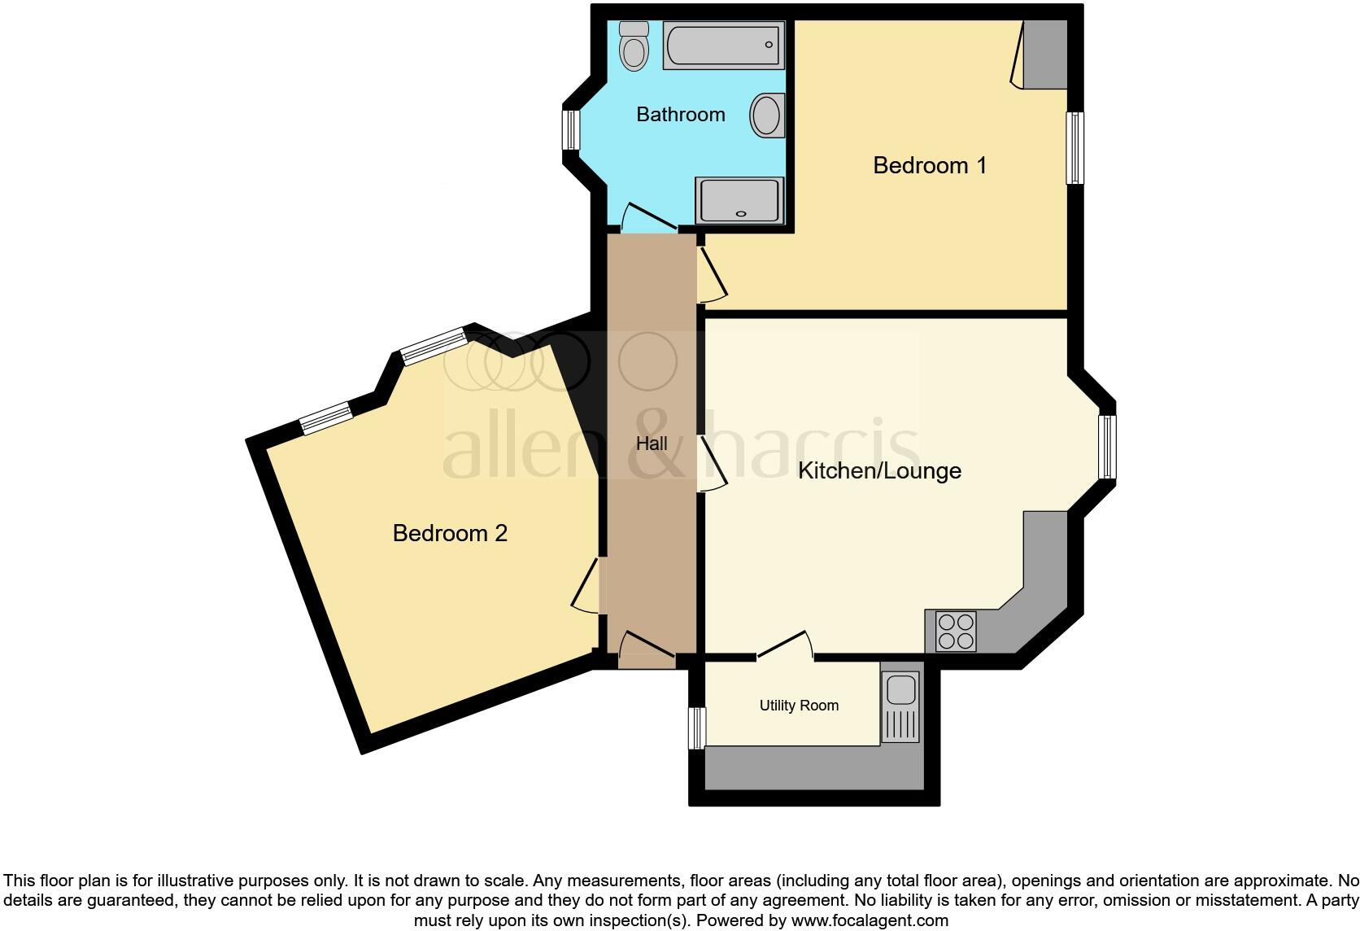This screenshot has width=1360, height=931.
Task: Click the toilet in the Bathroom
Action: [633, 46]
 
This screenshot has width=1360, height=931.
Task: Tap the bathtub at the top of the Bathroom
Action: [723, 46]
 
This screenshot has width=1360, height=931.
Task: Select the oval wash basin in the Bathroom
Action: [767, 115]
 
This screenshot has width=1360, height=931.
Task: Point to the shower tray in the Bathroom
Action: [739, 199]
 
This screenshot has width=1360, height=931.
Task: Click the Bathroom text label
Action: [681, 115]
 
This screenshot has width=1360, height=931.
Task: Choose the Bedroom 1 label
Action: [930, 166]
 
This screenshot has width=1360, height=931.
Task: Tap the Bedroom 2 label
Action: [450, 533]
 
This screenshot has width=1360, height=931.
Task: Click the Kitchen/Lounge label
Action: [879, 470]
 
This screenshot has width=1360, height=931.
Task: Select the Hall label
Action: [652, 444]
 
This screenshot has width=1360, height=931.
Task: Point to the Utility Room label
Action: [799, 706]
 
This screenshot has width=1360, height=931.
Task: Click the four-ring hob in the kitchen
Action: [956, 631]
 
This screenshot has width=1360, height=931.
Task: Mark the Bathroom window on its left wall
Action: [571, 130]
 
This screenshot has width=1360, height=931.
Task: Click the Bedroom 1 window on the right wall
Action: [1075, 147]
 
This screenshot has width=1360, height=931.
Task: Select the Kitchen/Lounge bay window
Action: [1107, 447]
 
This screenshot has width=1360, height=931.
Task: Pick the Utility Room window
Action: [697, 728]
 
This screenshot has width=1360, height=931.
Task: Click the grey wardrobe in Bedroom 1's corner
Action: [1044, 54]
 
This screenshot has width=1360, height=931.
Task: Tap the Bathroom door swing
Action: [648, 217]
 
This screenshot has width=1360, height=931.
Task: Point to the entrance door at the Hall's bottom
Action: [647, 649]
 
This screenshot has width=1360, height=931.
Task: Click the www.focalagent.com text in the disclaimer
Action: [870, 920]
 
